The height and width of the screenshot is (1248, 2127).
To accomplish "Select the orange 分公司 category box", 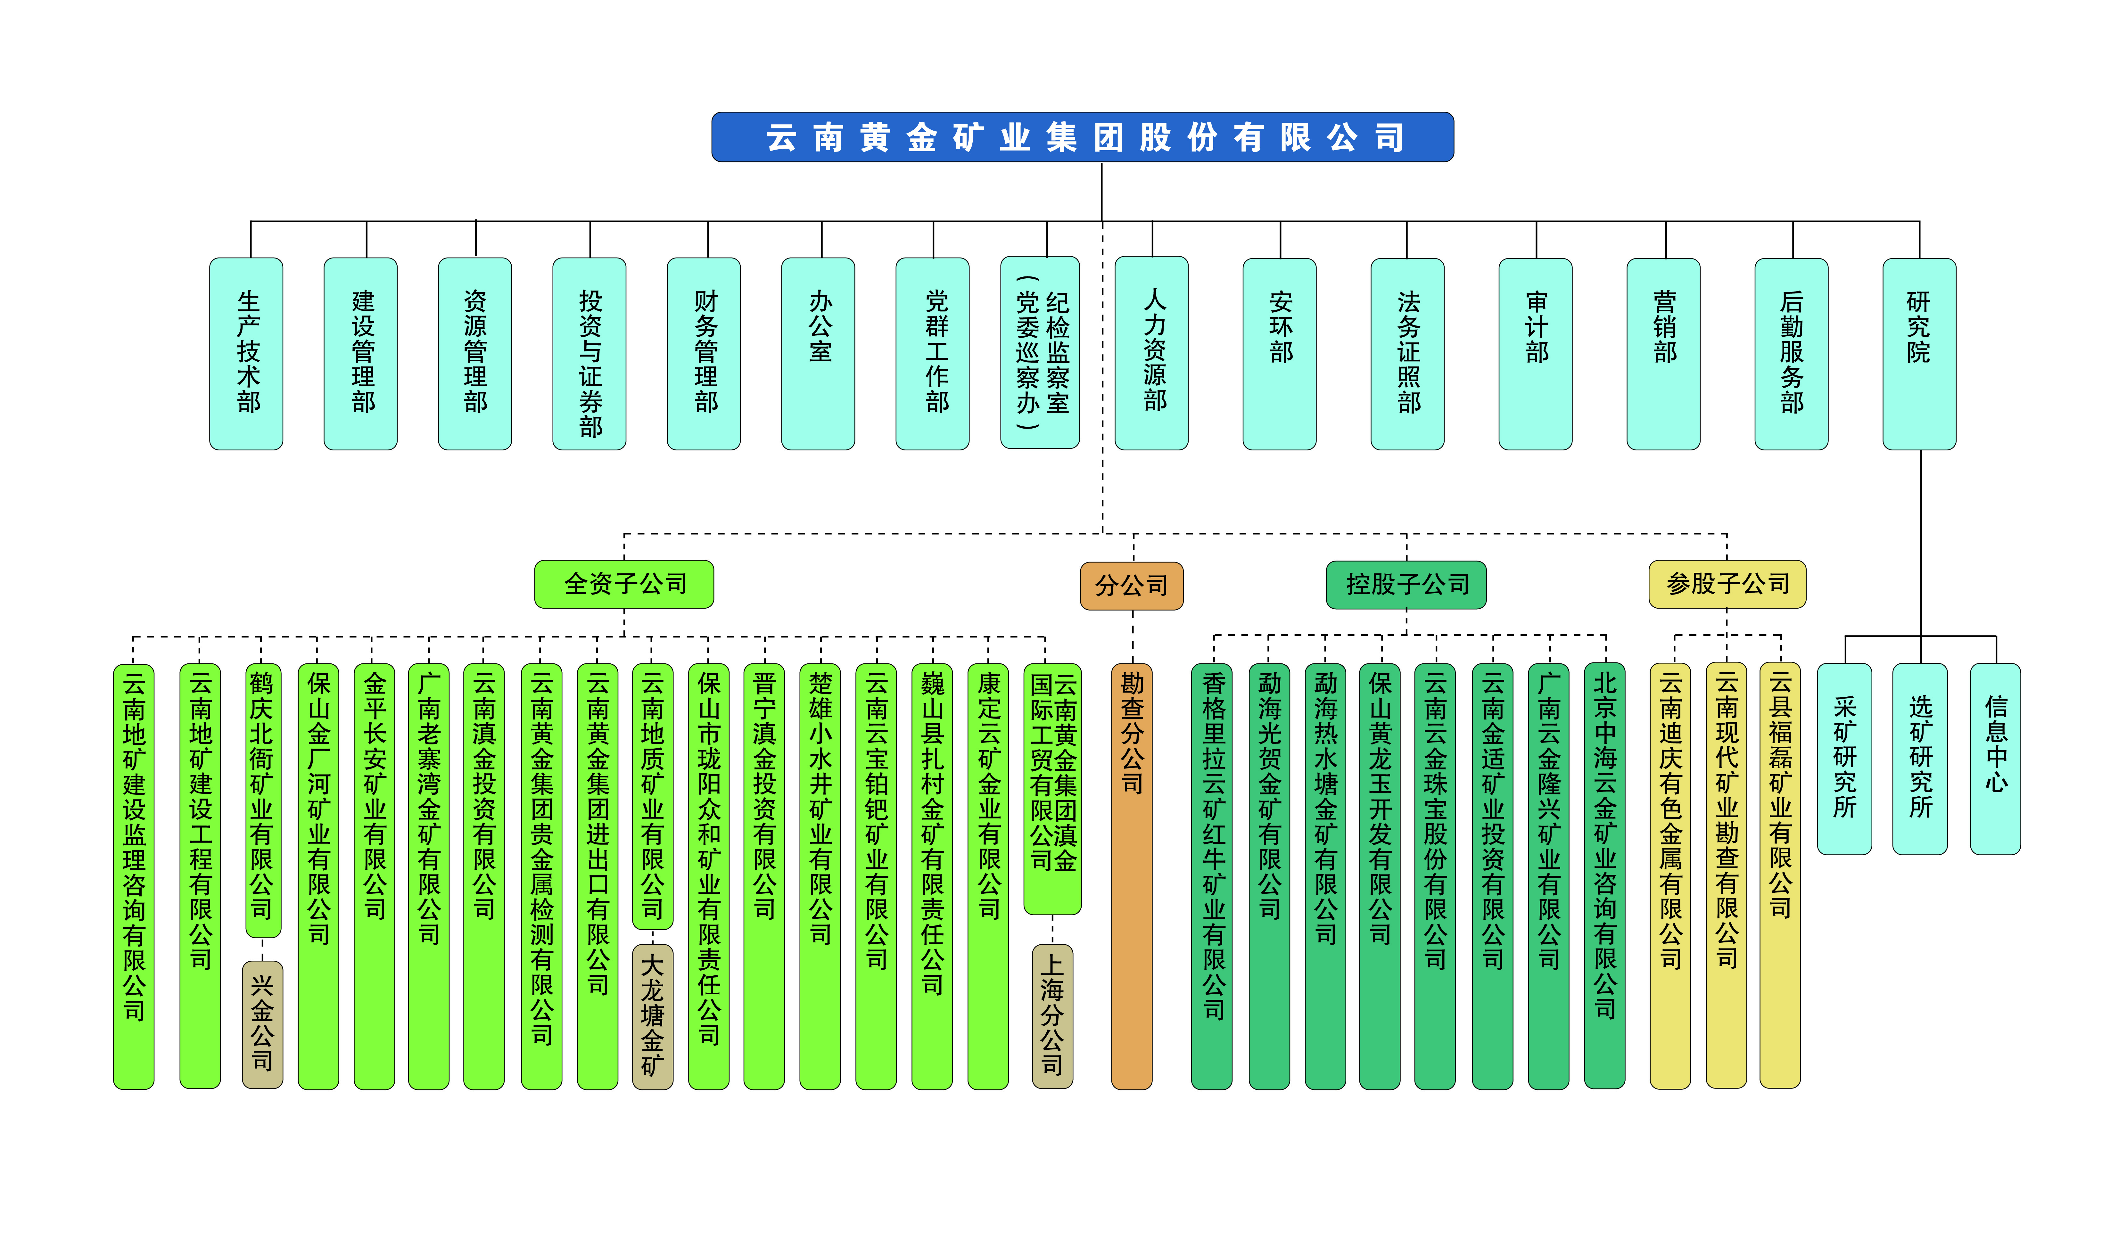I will click(1132, 586).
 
